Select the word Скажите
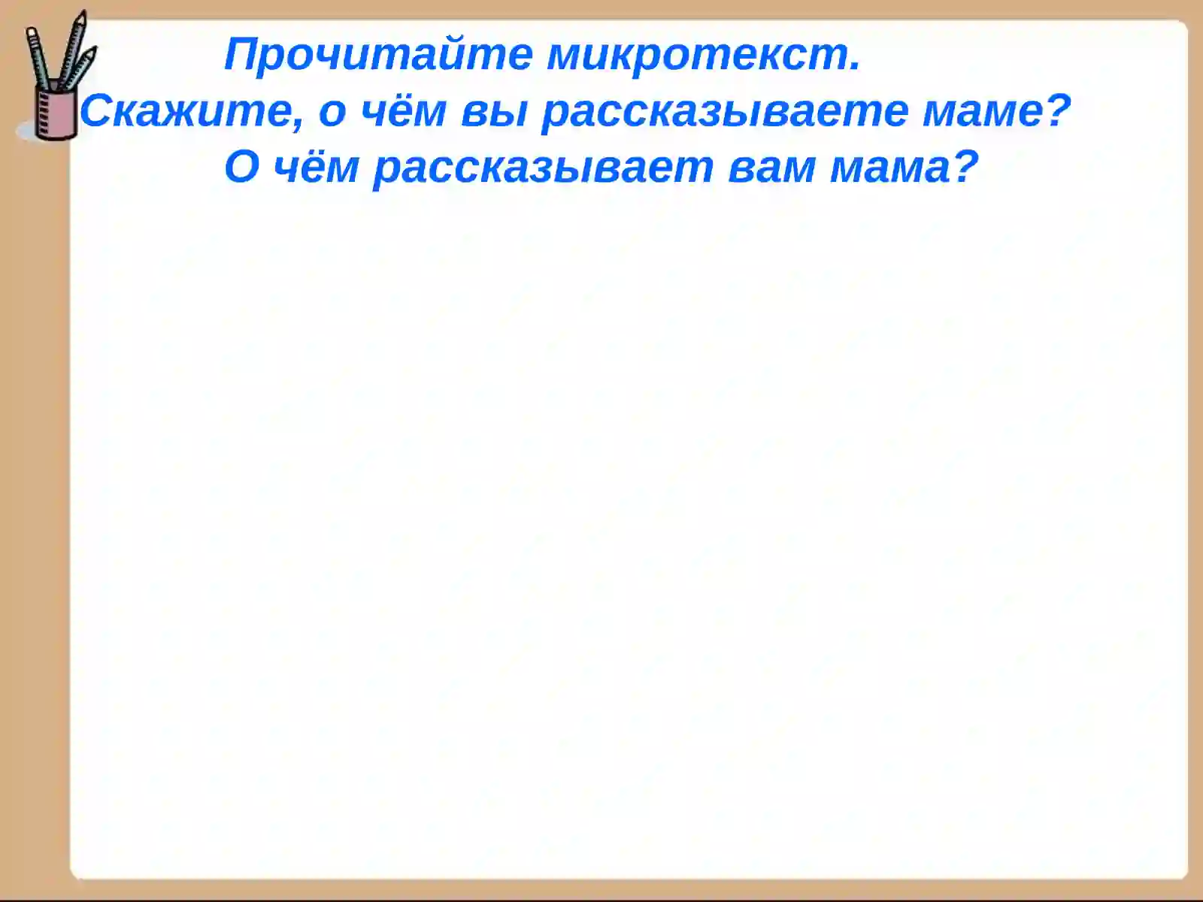(x=185, y=111)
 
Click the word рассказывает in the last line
(x=542, y=167)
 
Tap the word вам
(x=771, y=167)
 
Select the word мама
(x=890, y=167)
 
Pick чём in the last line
(x=316, y=167)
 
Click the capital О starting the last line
(x=241, y=167)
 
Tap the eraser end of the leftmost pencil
(x=32, y=32)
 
